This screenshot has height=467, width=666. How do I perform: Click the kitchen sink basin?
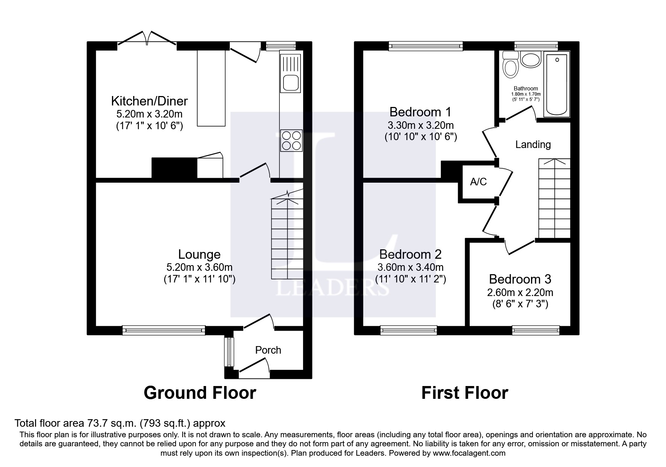291,82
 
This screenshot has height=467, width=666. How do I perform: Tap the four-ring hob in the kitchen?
291,140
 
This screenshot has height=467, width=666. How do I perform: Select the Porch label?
268,350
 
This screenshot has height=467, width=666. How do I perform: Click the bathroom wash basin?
531,60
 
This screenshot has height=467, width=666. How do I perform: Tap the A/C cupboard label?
478,182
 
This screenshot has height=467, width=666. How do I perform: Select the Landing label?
532,145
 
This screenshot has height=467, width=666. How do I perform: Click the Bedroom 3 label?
520,279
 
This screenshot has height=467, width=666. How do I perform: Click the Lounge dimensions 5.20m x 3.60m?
199,267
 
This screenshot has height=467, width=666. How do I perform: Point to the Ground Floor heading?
200,393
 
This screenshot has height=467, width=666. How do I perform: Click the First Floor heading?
464,393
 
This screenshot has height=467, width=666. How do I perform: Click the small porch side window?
228,352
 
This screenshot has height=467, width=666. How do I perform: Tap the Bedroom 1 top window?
426,46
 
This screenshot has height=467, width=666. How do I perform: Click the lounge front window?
164,330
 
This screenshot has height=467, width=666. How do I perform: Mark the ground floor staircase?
287,237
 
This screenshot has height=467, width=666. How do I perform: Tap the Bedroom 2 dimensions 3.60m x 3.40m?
410,267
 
